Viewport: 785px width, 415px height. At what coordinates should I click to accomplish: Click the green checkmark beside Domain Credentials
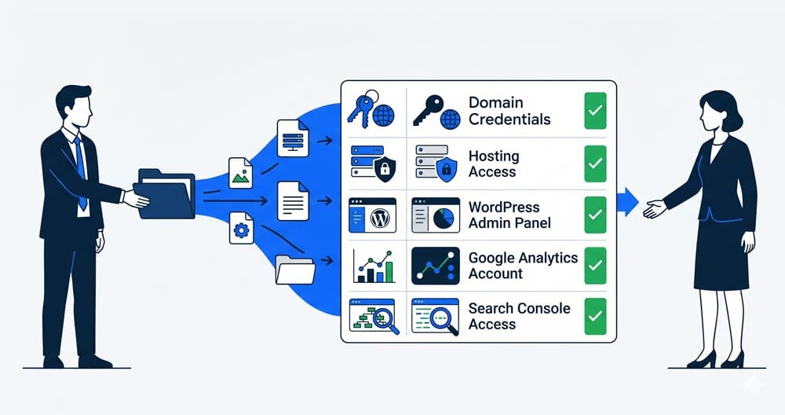(x=595, y=111)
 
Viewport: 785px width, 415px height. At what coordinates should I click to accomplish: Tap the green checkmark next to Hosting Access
(x=595, y=164)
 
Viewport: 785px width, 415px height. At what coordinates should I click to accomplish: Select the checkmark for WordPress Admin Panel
(x=595, y=215)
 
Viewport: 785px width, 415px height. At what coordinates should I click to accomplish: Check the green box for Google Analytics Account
(x=595, y=266)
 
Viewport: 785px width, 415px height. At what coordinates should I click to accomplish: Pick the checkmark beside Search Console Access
(x=595, y=316)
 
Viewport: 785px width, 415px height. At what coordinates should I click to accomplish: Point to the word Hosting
(x=494, y=156)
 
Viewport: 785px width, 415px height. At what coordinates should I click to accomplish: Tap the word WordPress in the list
(x=504, y=207)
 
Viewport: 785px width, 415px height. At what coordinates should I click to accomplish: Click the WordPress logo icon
(x=381, y=219)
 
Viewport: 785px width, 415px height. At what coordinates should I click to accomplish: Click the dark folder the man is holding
(x=166, y=194)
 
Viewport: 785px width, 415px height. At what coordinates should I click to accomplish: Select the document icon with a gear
(x=241, y=228)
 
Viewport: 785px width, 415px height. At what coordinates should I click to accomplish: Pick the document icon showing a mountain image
(x=241, y=173)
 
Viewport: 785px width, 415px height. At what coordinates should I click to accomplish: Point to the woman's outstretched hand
(x=655, y=209)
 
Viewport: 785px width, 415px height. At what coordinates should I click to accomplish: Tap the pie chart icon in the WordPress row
(x=444, y=219)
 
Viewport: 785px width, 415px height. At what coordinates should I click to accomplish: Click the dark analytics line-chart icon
(x=436, y=266)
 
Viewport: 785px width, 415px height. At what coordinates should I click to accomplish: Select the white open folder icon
(x=295, y=270)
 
